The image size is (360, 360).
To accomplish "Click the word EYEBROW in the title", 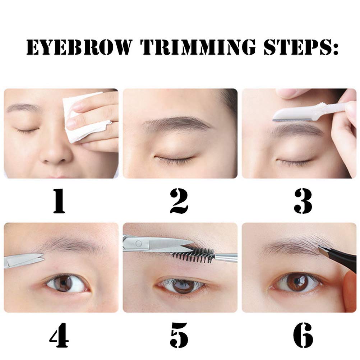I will tap(78, 47).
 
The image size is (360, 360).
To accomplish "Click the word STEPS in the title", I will tap(298, 47).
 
